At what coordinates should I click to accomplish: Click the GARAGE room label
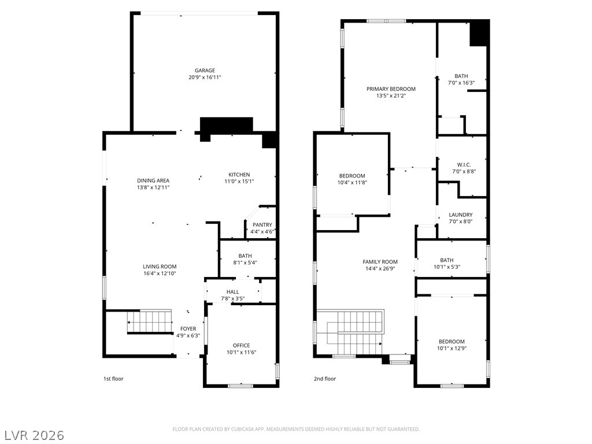click(205, 71)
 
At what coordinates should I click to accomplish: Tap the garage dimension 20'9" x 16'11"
click(205, 77)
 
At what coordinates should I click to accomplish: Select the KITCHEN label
click(239, 175)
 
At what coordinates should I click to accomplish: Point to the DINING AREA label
click(153, 180)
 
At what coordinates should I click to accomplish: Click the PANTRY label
click(262, 225)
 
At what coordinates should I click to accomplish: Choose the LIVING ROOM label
click(160, 267)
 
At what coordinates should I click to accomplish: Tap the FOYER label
click(188, 328)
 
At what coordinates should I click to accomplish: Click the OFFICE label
click(241, 345)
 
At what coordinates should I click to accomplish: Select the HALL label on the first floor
click(232, 292)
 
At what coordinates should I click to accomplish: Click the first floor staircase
click(150, 321)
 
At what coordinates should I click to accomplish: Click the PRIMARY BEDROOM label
click(391, 89)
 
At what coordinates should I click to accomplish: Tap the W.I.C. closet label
click(464, 165)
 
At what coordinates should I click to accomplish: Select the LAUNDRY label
click(461, 214)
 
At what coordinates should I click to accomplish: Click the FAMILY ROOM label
click(380, 261)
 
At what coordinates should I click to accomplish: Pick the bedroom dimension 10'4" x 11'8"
click(352, 183)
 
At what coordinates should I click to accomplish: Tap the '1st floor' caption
click(113, 379)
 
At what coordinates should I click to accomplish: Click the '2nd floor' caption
click(325, 379)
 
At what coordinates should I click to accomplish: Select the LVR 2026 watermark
click(34, 435)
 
